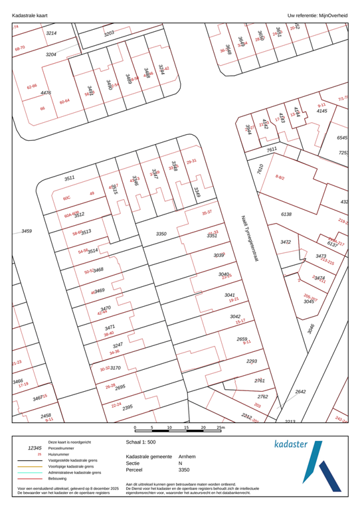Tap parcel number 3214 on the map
(51, 33)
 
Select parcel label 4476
(46, 93)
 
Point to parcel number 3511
(69, 179)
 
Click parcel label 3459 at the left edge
(27, 230)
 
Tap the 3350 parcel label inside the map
(161, 234)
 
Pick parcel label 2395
(128, 406)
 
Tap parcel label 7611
(272, 150)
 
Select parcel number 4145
(321, 111)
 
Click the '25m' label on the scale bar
(221, 428)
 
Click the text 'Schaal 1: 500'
(142, 441)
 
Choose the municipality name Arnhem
(187, 457)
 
